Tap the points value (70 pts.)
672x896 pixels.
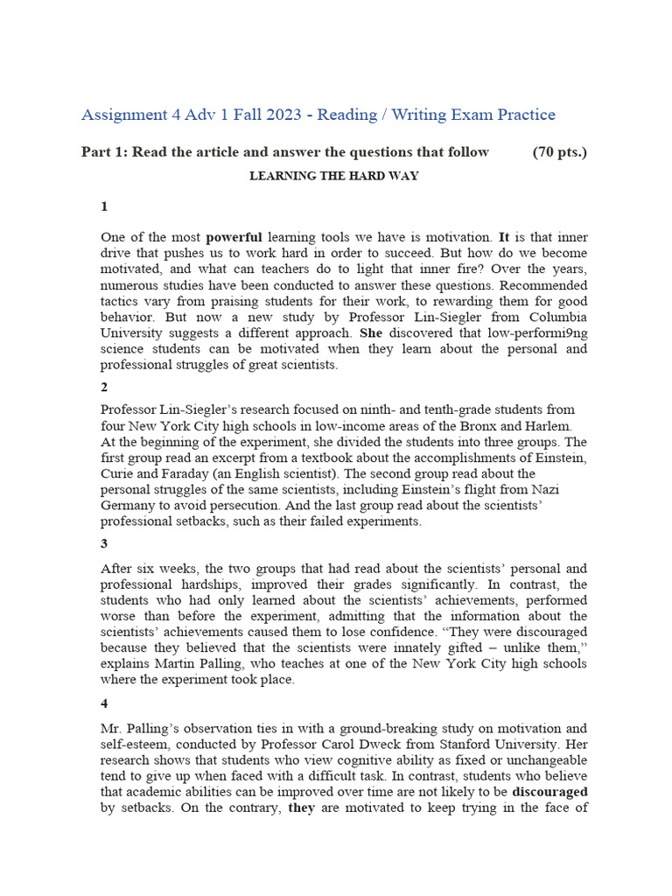tap(560, 152)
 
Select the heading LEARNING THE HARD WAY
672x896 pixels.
tap(334, 176)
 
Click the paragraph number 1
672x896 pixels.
tap(104, 206)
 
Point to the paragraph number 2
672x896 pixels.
tap(104, 387)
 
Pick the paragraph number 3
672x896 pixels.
tap(104, 544)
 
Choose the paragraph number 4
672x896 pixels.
tap(104, 702)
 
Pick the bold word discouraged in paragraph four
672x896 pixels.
tap(549, 792)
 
